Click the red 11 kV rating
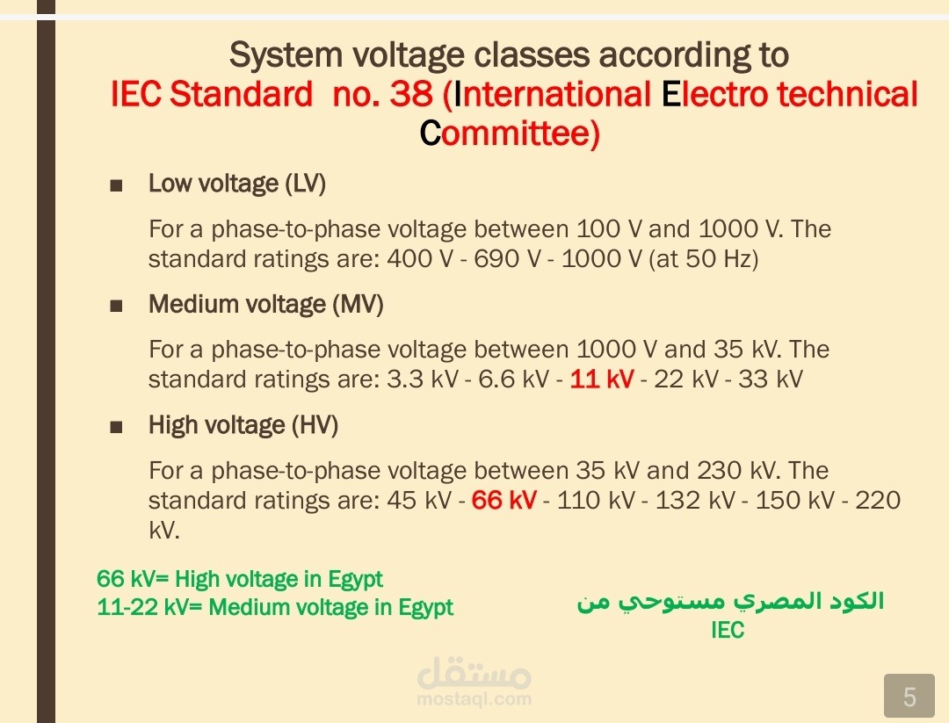click(602, 380)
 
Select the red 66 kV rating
click(503, 501)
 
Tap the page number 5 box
click(909, 696)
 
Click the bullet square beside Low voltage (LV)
click(116, 185)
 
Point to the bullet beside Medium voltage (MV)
click(116, 306)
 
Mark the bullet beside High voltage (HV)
click(116, 428)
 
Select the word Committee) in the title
click(510, 134)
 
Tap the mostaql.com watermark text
click(474, 698)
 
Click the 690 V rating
click(507, 259)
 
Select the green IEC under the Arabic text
click(728, 630)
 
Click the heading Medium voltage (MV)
click(265, 304)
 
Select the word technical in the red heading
click(847, 94)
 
